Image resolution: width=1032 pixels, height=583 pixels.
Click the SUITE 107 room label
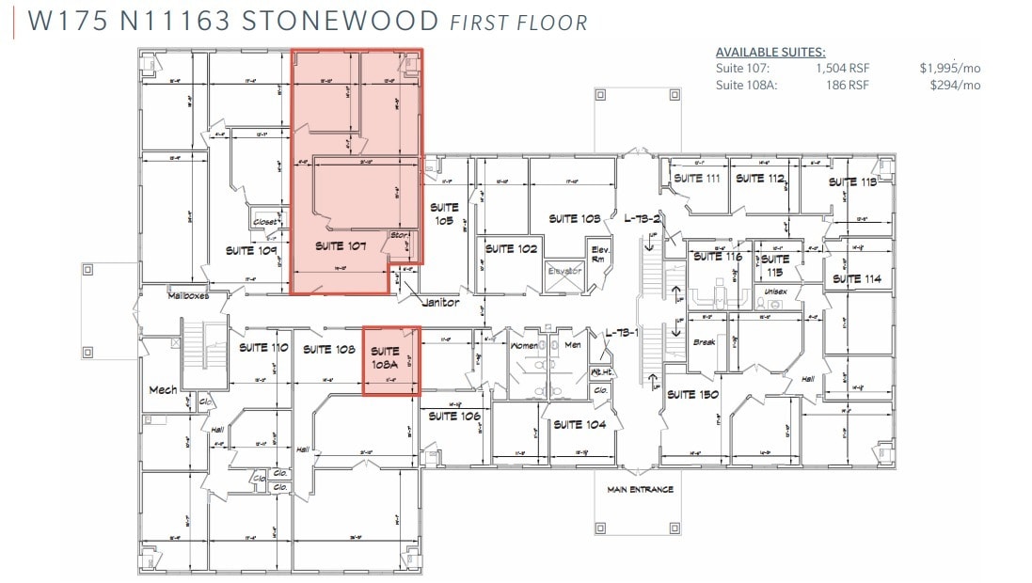pyautogui.click(x=341, y=246)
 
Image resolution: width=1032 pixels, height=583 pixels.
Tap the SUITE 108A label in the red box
pyautogui.click(x=386, y=357)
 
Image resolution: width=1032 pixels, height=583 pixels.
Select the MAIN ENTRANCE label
pyautogui.click(x=640, y=489)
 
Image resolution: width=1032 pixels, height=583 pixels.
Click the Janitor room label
pyautogui.click(x=441, y=303)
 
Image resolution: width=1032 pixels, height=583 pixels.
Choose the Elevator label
pyautogui.click(x=565, y=271)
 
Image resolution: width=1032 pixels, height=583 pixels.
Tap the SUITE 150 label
pyautogui.click(x=694, y=394)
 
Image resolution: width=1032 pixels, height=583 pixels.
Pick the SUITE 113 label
pyautogui.click(x=852, y=181)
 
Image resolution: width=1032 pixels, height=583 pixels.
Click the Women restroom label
pyautogui.click(x=524, y=346)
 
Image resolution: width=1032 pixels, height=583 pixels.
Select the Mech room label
pyautogui.click(x=163, y=389)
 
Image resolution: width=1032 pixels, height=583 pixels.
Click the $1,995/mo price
pyautogui.click(x=950, y=68)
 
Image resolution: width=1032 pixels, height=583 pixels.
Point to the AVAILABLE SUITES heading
pyautogui.click(x=770, y=52)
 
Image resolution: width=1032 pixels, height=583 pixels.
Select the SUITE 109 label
pyautogui.click(x=252, y=251)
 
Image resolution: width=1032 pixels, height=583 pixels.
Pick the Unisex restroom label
pyautogui.click(x=775, y=291)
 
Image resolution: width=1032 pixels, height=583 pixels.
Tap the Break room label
pyautogui.click(x=705, y=342)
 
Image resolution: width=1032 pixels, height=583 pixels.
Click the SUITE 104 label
pyautogui.click(x=580, y=425)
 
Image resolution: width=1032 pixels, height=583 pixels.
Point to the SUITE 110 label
pyautogui.click(x=262, y=348)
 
